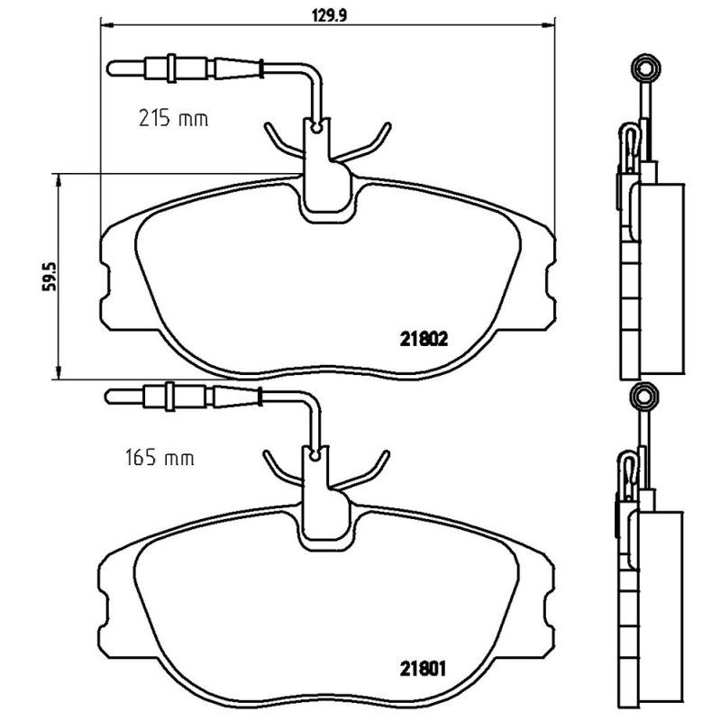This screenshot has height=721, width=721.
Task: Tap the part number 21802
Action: coord(424,340)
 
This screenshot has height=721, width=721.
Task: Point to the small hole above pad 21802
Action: coord(315,127)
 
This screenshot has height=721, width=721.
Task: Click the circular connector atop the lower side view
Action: coord(643,395)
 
